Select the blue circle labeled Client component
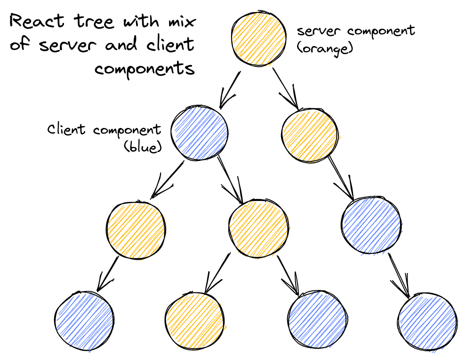tap(199, 133)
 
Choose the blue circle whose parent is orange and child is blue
tap(371, 225)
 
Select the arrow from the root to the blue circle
tap(230, 89)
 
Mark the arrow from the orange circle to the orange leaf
tap(217, 275)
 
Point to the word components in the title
tap(145, 69)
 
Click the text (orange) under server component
tap(325, 48)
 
